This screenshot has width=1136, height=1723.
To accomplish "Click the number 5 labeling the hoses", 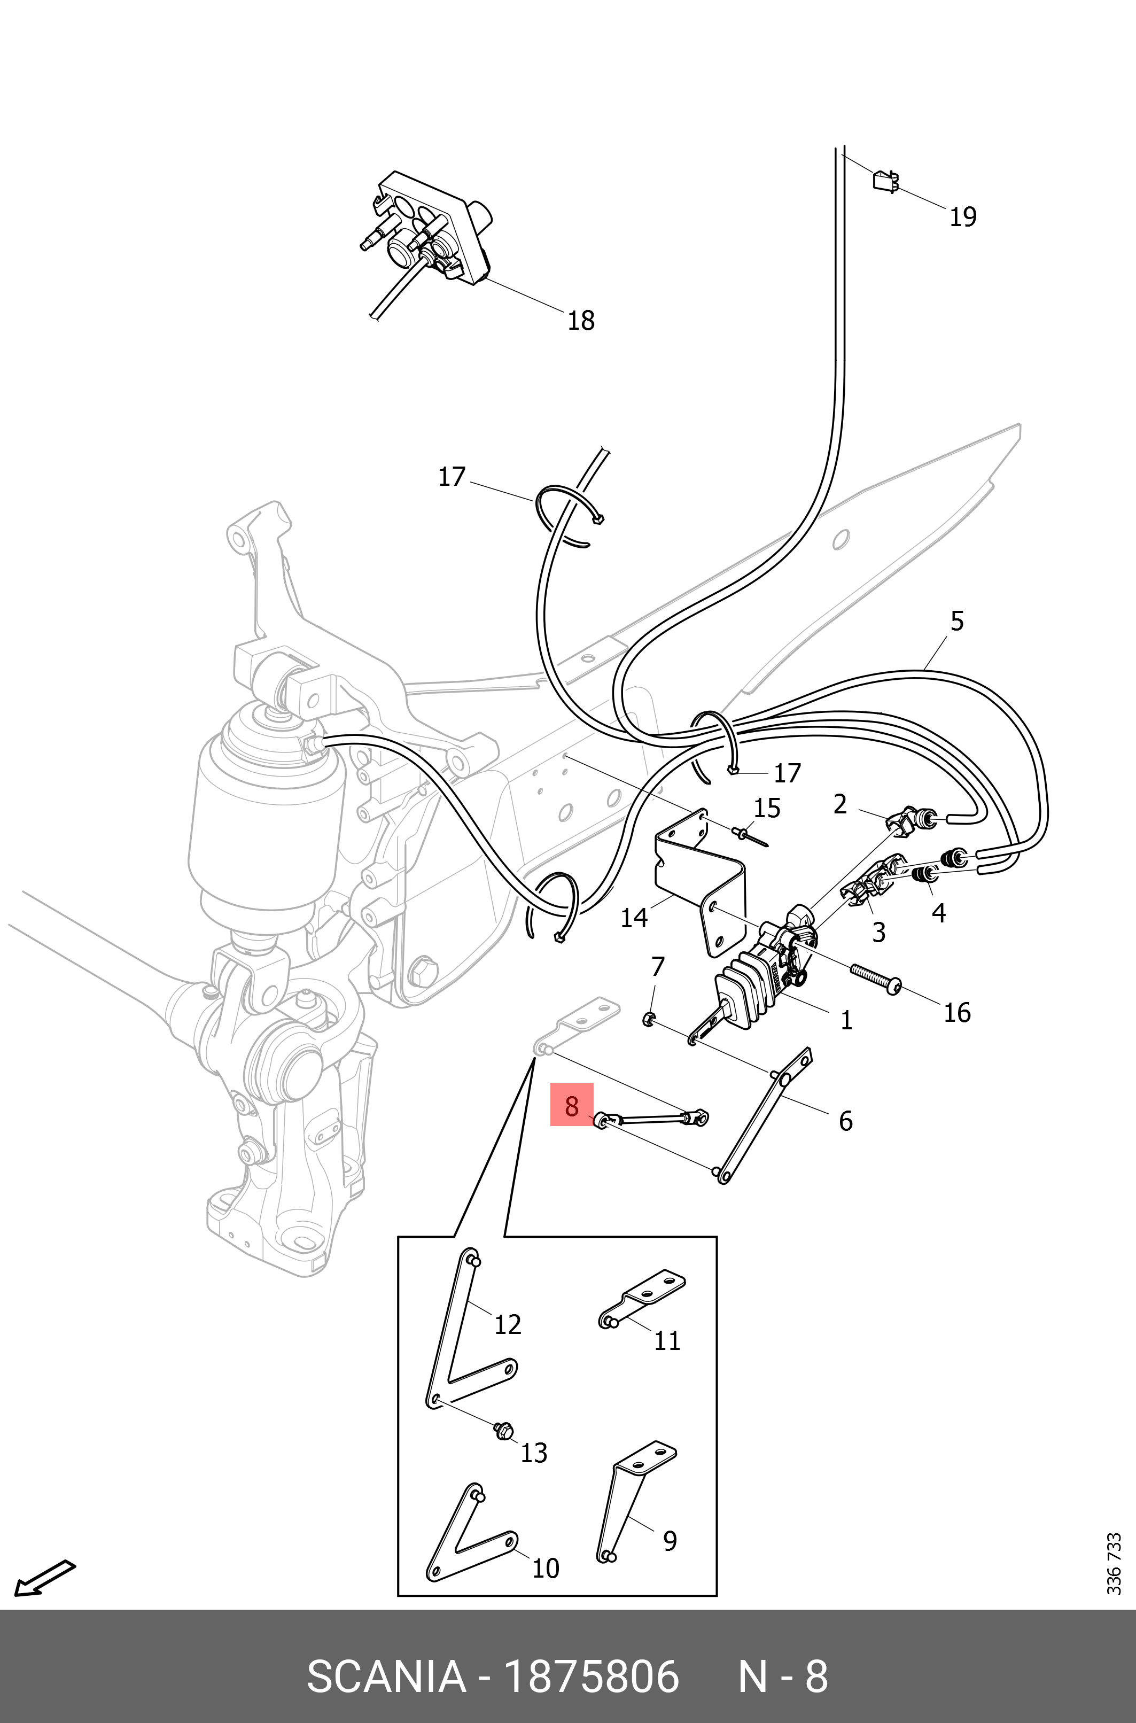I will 956,621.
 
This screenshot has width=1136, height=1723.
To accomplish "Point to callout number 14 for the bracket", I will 633,918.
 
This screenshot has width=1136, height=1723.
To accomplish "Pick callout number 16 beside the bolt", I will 956,1012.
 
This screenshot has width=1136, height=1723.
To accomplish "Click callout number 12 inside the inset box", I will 507,1324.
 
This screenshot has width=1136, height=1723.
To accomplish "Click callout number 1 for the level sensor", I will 845,1020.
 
